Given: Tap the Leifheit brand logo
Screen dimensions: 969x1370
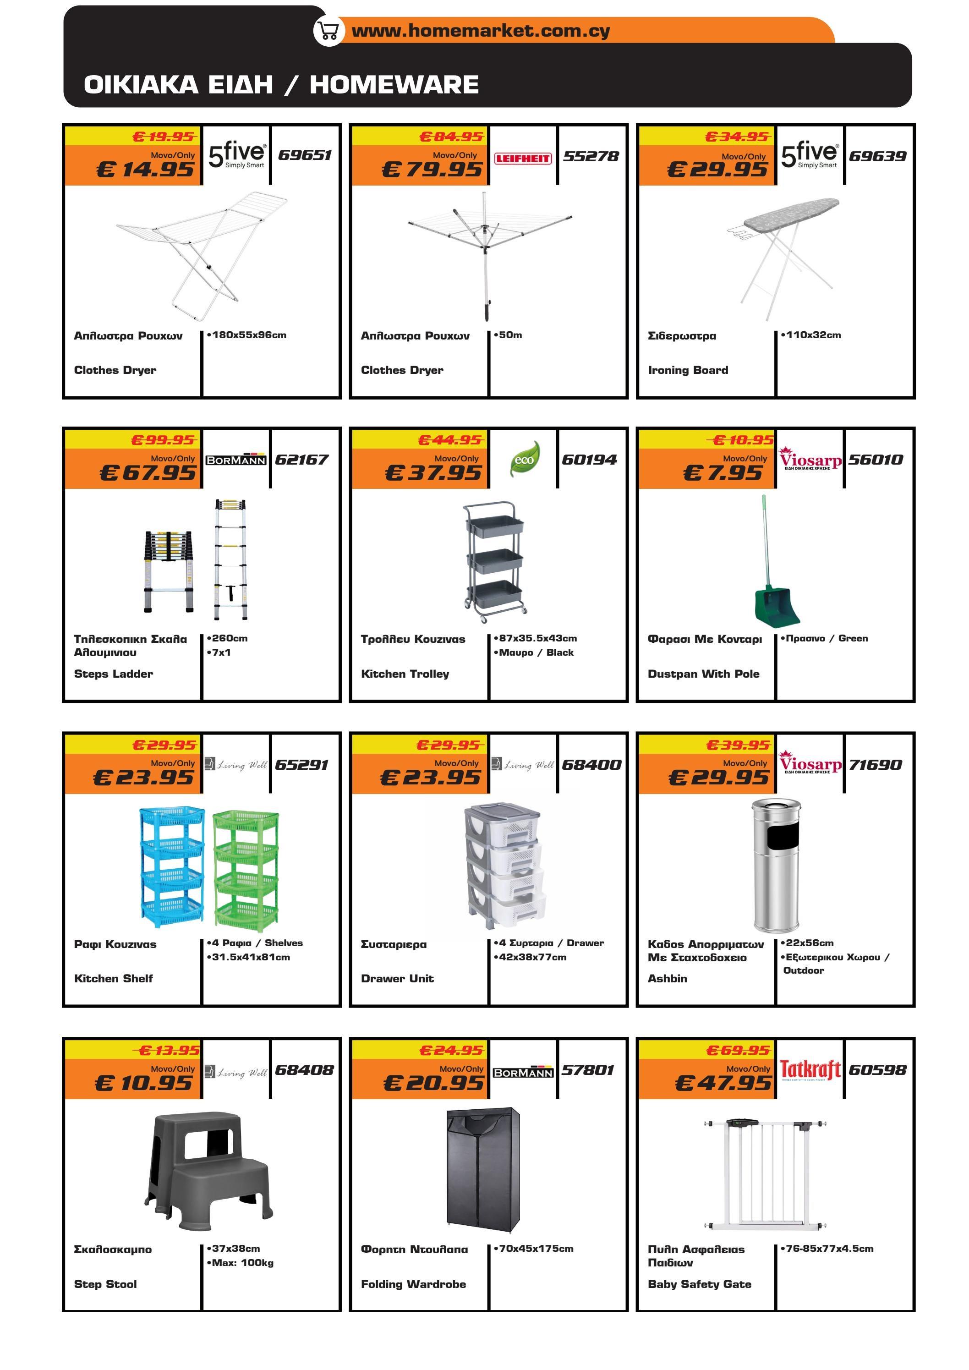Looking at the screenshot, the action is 523,158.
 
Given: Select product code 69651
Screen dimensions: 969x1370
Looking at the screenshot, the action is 305,155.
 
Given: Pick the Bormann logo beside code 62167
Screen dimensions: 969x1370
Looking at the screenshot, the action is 235,460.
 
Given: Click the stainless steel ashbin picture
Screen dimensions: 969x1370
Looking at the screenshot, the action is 775,865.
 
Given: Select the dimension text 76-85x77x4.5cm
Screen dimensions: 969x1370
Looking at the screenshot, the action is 829,1248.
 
